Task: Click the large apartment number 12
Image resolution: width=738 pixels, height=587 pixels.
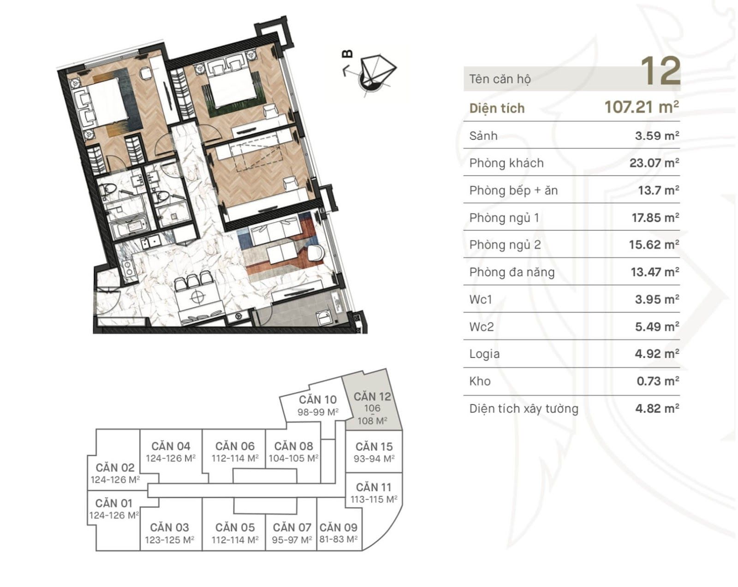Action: (x=660, y=71)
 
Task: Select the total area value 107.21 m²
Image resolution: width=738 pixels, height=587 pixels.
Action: (x=642, y=107)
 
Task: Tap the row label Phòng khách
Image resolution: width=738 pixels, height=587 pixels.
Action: (x=506, y=163)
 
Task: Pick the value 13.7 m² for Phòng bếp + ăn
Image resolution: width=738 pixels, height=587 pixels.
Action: (x=659, y=190)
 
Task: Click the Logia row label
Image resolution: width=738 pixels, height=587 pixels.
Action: (x=484, y=354)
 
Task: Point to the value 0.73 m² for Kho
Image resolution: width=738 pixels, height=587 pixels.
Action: (x=658, y=381)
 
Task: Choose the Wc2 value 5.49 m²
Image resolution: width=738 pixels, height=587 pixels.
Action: (x=657, y=326)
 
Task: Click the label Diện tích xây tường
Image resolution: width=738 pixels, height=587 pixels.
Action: (x=524, y=409)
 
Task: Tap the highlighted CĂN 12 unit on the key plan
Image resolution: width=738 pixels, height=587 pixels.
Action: (x=372, y=408)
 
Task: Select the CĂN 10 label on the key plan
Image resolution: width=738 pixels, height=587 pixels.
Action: (x=317, y=400)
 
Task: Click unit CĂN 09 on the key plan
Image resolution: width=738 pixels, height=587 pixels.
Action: (x=338, y=528)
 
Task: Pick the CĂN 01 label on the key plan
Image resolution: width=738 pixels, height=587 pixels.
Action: (x=113, y=504)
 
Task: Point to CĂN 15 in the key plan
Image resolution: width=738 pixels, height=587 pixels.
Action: (x=374, y=447)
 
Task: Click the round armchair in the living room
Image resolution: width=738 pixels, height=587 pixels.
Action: (x=315, y=253)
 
